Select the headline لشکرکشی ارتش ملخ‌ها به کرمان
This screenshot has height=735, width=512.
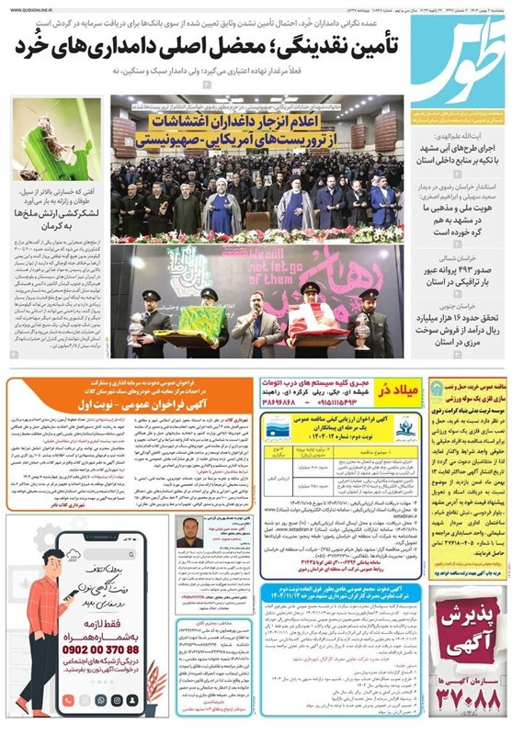click(55, 220)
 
